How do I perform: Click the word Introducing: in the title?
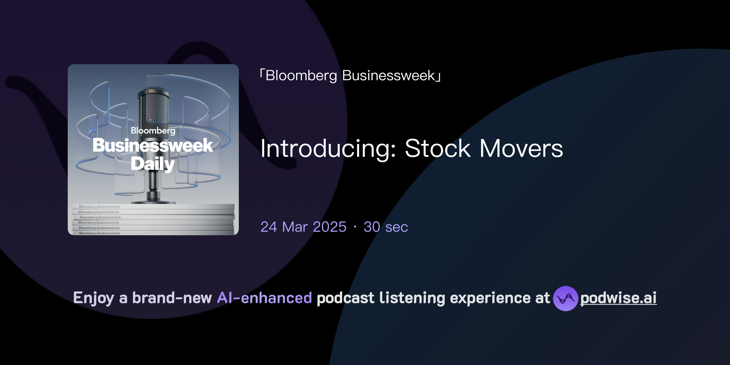point(328,149)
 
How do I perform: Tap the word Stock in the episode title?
point(437,149)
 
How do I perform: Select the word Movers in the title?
point(521,149)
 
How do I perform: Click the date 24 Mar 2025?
point(303,227)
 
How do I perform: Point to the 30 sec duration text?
point(385,227)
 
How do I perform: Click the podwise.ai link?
point(618,298)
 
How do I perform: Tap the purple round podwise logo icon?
point(565,298)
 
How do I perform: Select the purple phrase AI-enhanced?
point(264,298)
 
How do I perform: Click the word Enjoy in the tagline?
point(93,298)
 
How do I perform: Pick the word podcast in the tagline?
point(345,298)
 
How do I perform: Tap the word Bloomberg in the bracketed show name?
point(301,76)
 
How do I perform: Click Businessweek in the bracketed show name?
point(389,76)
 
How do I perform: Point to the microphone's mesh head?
point(153,107)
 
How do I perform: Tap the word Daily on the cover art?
point(153,164)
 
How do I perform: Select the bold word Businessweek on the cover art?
point(153,145)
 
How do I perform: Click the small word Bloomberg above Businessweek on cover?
point(153,131)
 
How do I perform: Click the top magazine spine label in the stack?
point(100,206)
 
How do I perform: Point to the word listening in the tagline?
point(412,298)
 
